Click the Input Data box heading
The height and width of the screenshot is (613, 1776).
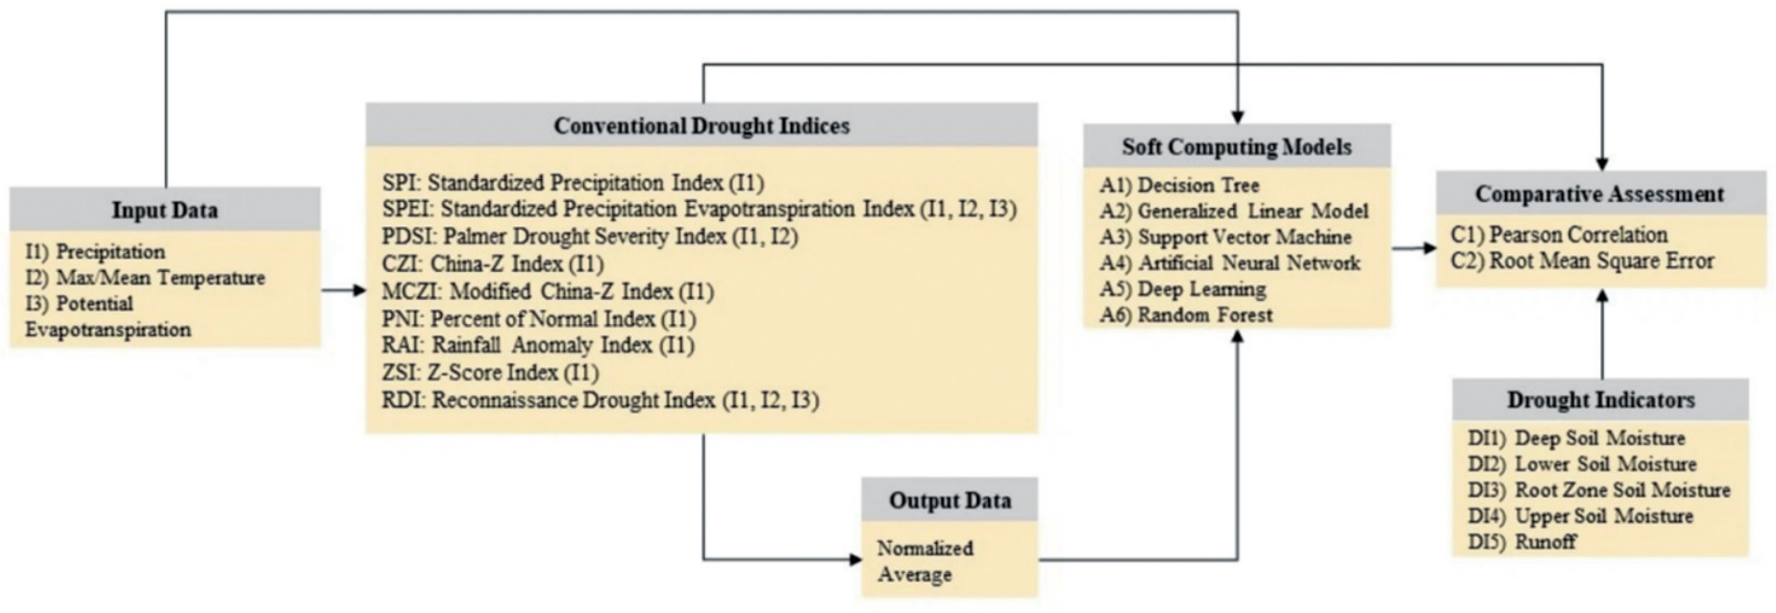pos(165,210)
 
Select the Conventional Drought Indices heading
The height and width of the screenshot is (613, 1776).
pos(701,126)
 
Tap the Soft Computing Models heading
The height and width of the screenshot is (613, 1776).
pos(1237,146)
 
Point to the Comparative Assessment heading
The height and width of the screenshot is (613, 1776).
pos(1599,194)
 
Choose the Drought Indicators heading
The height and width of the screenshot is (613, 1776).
pos(1601,400)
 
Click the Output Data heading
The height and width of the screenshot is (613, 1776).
pos(950,500)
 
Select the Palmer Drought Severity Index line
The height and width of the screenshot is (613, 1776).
pos(590,237)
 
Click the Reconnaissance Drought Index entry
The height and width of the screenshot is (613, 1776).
pos(601,401)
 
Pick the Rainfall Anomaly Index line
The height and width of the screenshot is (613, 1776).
pos(538,346)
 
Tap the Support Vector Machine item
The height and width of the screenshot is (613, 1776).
pos(1226,237)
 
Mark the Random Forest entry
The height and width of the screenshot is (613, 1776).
pos(1186,315)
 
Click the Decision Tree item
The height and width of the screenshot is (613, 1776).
pos(1179,184)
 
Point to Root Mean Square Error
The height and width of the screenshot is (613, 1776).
pos(1582,261)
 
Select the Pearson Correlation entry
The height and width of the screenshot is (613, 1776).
pos(1559,235)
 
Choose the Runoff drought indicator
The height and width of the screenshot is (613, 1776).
pos(1522,541)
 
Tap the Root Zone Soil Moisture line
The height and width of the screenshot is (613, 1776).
pos(1599,490)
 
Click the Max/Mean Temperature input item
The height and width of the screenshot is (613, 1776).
pos(145,278)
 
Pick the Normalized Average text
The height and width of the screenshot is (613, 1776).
pos(925,561)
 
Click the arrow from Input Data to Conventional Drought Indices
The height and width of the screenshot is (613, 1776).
pos(344,291)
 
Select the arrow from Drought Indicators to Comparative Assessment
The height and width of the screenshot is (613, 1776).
pos(1602,334)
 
